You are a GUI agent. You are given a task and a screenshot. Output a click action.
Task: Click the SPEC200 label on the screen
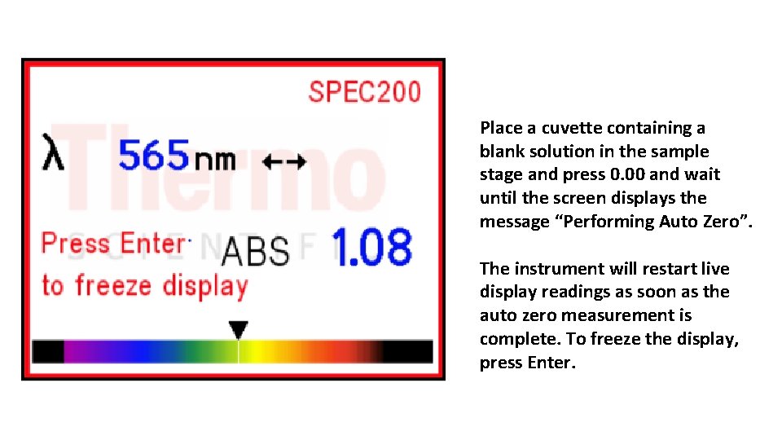pyautogui.click(x=364, y=91)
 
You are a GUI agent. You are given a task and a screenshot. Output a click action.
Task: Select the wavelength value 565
pyautogui.click(x=154, y=155)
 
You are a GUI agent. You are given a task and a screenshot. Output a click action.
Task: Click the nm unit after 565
pyautogui.click(x=216, y=157)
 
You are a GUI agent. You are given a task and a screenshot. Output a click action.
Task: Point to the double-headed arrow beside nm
pyautogui.click(x=284, y=161)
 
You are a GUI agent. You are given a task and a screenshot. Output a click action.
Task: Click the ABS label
pyautogui.click(x=255, y=252)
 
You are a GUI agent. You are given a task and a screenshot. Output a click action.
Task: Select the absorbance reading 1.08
pyautogui.click(x=372, y=248)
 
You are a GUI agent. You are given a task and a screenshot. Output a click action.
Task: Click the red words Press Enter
pyautogui.click(x=113, y=243)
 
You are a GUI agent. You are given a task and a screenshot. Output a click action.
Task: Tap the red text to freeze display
pyautogui.click(x=144, y=286)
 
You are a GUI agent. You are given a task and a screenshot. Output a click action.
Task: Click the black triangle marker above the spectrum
pyautogui.click(x=238, y=330)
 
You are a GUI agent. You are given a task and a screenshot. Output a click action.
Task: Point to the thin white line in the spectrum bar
pyautogui.click(x=238, y=351)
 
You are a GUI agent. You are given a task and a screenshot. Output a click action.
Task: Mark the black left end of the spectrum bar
pyautogui.click(x=48, y=351)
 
